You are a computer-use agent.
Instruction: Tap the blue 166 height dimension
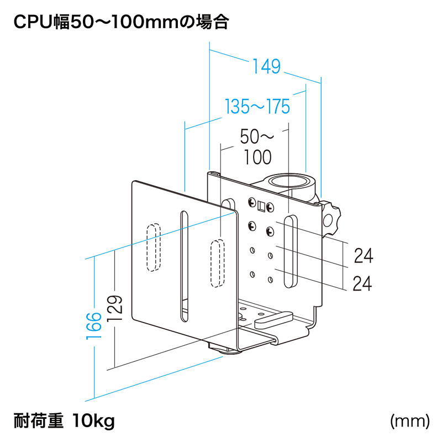[94, 325]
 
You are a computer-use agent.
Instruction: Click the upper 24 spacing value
[362, 256]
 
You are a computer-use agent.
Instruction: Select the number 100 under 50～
[257, 157]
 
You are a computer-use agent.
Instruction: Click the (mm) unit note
[409, 422]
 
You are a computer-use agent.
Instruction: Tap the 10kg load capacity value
[93, 422]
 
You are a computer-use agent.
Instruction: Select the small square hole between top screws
[261, 206]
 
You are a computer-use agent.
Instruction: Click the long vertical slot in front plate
[183, 265]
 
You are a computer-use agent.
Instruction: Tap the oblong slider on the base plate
[274, 319]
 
